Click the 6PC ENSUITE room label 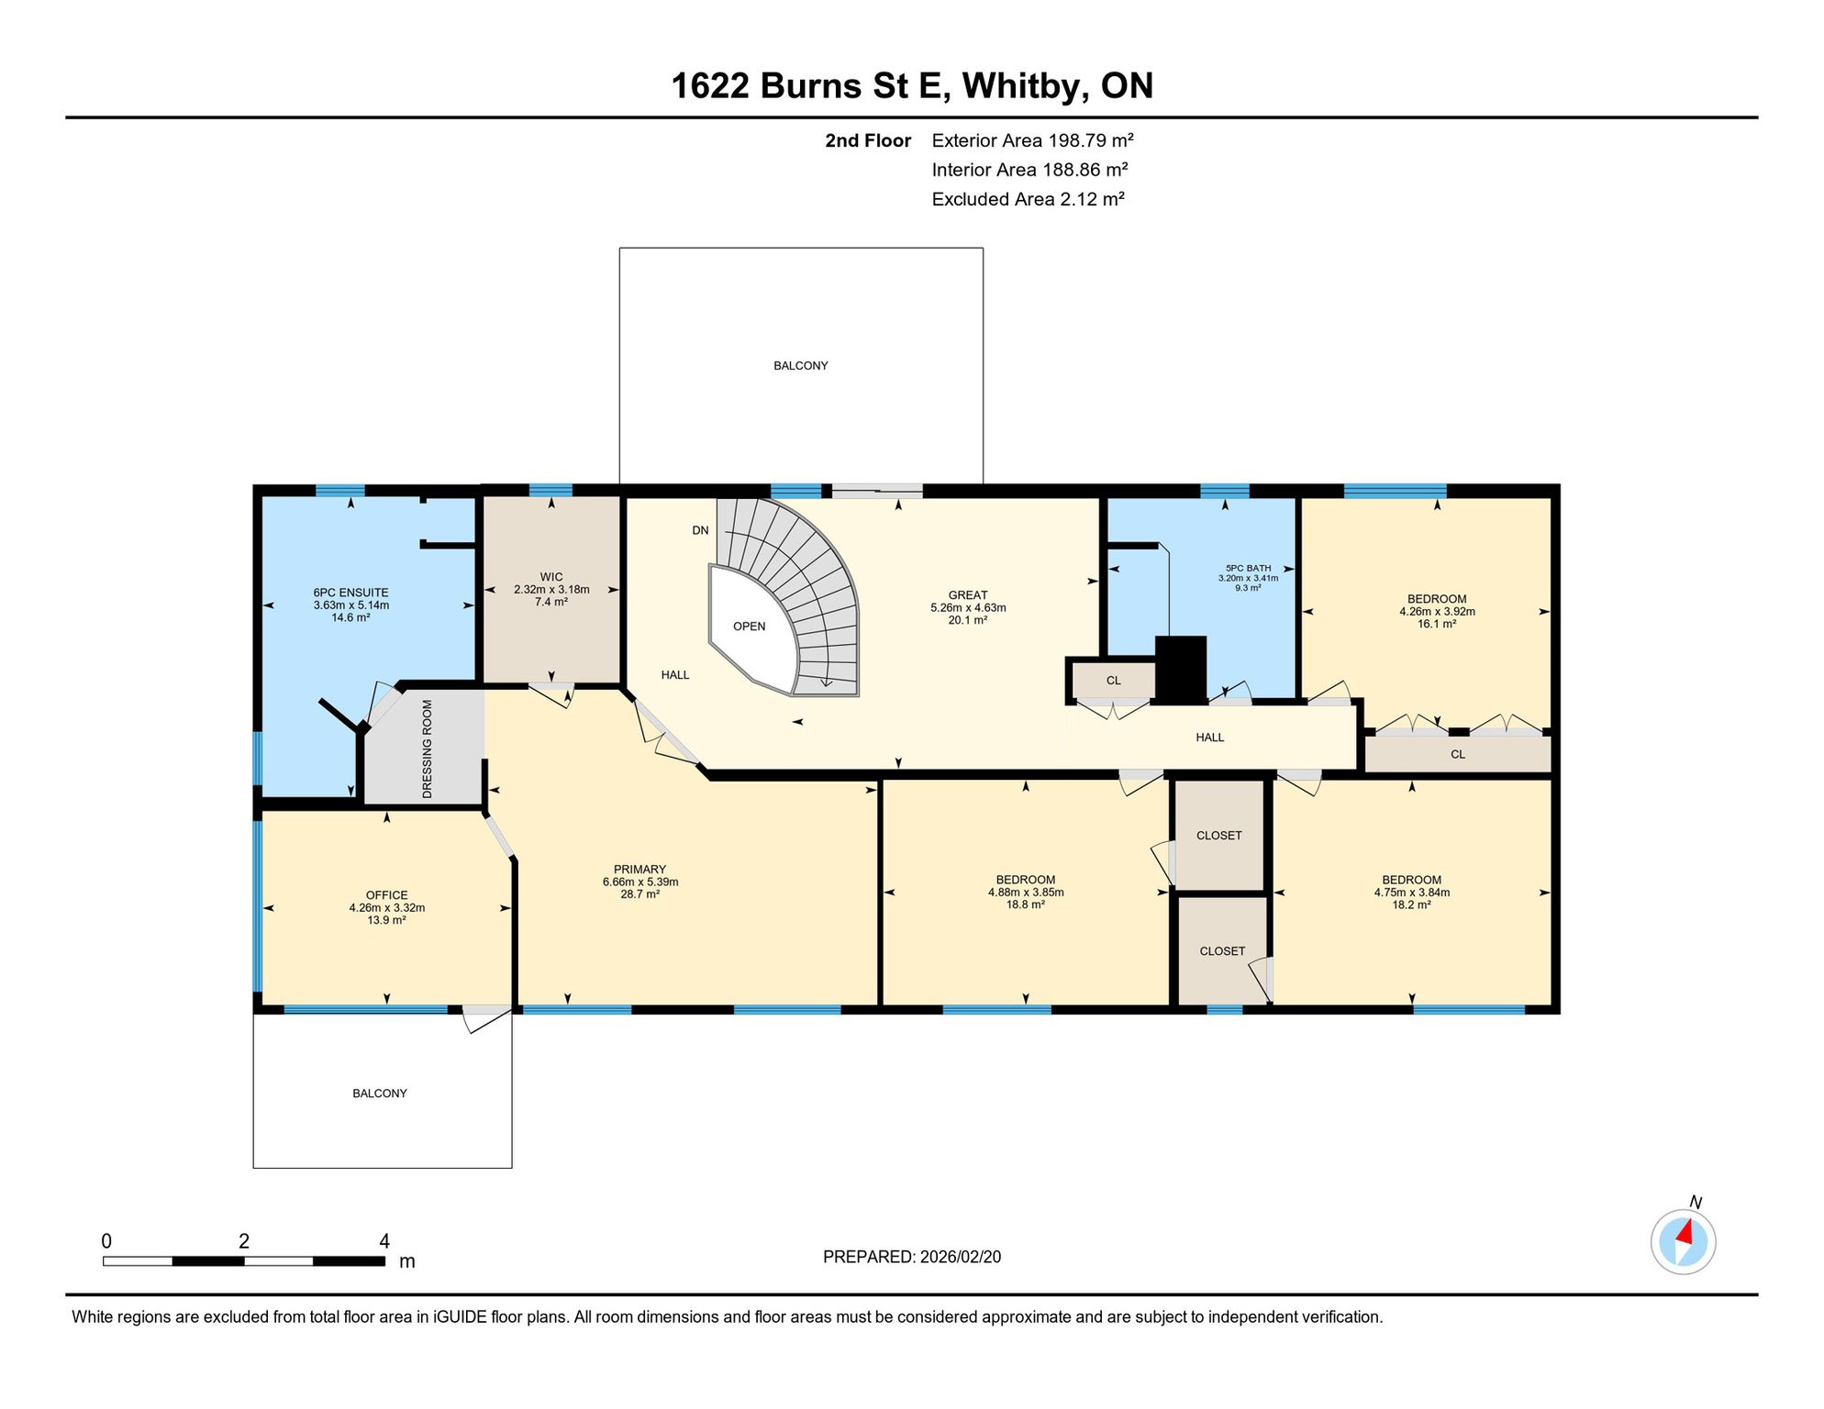[x=350, y=593]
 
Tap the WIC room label [x=551, y=577]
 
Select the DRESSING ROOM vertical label [x=427, y=749]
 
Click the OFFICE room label [x=386, y=895]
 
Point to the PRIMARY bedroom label [x=640, y=870]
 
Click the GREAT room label [x=968, y=595]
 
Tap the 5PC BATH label [x=1248, y=569]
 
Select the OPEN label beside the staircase [x=749, y=627]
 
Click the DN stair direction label [x=700, y=530]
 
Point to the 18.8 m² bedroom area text [x=1026, y=904]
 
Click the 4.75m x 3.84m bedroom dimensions [x=1411, y=892]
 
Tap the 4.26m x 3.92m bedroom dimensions [x=1437, y=611]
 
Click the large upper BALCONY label [x=800, y=366]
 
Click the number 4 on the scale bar [x=384, y=1241]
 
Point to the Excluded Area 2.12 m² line [x=1028, y=199]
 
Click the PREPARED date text [x=911, y=1257]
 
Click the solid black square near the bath [x=1180, y=670]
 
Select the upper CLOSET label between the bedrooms [x=1218, y=836]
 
